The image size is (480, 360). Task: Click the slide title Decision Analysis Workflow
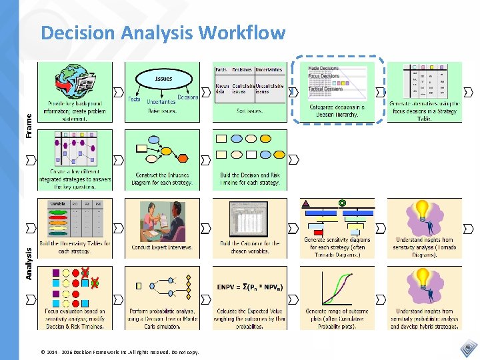pyautogui.click(x=163, y=33)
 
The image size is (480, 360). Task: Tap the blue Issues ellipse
pyautogui.click(x=163, y=79)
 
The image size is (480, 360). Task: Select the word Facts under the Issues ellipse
pyautogui.click(x=134, y=99)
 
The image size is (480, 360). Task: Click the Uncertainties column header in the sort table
pyautogui.click(x=268, y=69)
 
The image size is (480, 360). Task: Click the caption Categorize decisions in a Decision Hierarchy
pyautogui.click(x=337, y=111)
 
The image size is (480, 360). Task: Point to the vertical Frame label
pyautogui.click(x=29, y=125)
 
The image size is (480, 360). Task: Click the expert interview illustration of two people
pyautogui.click(x=163, y=221)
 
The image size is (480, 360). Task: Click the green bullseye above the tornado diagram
pyautogui.click(x=342, y=203)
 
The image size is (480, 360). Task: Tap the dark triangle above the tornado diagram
pyautogui.click(x=306, y=203)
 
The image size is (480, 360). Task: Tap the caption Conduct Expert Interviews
pyautogui.click(x=163, y=247)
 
